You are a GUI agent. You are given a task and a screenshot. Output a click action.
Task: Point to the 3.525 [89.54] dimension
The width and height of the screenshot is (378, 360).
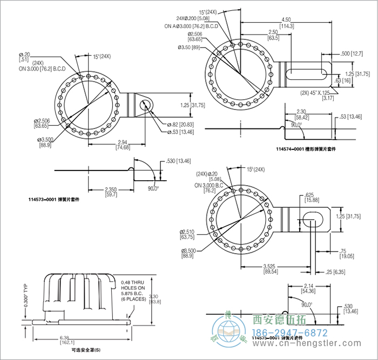[x=271, y=268]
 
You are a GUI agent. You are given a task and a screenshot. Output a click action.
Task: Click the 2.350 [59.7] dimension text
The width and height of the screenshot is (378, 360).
[x=97, y=192]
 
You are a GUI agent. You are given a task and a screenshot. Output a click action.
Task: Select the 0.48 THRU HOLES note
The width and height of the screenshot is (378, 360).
[x=133, y=290]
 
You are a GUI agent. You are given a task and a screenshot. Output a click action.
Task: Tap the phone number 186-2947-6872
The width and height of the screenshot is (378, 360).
[x=290, y=332]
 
